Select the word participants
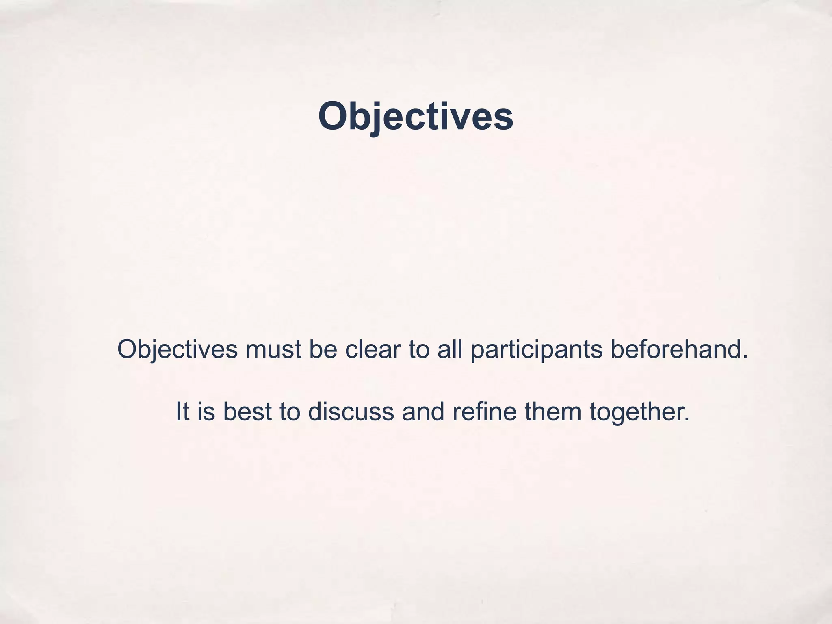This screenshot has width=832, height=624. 537,350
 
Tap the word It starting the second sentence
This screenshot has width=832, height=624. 182,411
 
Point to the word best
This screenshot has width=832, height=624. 247,411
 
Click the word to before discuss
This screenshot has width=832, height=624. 290,411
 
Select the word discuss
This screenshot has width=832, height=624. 351,411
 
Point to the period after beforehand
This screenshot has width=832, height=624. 745,357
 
